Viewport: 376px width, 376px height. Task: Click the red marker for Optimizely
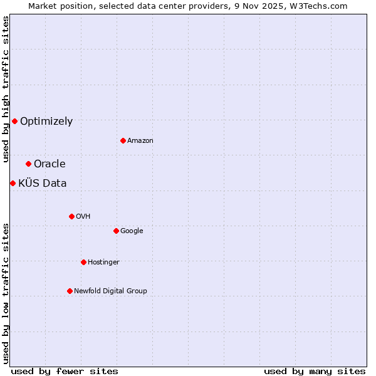click(14, 121)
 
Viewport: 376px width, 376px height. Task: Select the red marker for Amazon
click(123, 140)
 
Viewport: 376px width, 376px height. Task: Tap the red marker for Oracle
click(28, 164)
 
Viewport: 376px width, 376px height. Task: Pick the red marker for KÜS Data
click(13, 183)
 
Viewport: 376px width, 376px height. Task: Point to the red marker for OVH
click(71, 216)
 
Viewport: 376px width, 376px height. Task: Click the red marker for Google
click(116, 231)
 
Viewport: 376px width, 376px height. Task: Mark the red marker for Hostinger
click(83, 262)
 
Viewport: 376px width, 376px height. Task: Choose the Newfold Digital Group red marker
click(70, 291)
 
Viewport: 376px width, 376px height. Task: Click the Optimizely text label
click(46, 122)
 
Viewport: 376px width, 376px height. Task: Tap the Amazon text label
click(140, 141)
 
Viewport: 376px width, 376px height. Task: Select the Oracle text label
click(50, 164)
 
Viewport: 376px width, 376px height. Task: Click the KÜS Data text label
click(42, 184)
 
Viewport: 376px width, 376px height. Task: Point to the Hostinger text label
click(103, 263)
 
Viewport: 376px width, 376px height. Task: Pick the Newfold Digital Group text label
click(110, 291)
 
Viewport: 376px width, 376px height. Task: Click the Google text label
click(132, 231)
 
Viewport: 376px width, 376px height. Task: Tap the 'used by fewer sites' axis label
click(65, 371)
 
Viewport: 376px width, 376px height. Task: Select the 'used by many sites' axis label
click(315, 371)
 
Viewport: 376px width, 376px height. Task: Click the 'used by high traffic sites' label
click(6, 89)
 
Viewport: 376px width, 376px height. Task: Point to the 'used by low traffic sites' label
click(6, 293)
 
